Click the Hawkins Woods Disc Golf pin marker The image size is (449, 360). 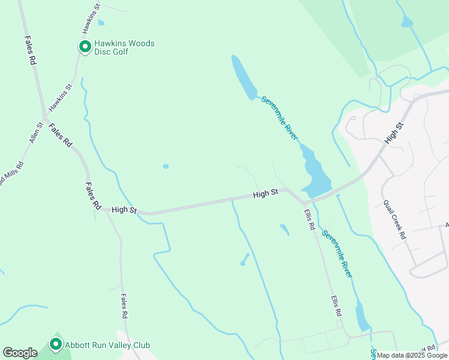click(85, 46)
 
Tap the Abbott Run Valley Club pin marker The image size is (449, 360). click(56, 344)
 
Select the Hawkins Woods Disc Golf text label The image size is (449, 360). click(124, 47)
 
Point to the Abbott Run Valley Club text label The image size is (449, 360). click(107, 345)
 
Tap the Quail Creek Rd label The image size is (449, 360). click(395, 219)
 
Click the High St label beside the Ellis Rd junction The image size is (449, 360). click(265, 194)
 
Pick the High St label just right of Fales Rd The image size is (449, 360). click(124, 210)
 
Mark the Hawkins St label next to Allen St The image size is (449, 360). click(60, 97)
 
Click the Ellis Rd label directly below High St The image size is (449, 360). click(310, 219)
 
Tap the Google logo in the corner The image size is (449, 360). click(20, 353)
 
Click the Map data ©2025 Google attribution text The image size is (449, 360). click(412, 355)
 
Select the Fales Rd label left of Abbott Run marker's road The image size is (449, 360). click(124, 307)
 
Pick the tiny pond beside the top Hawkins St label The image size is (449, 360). click(101, 23)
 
